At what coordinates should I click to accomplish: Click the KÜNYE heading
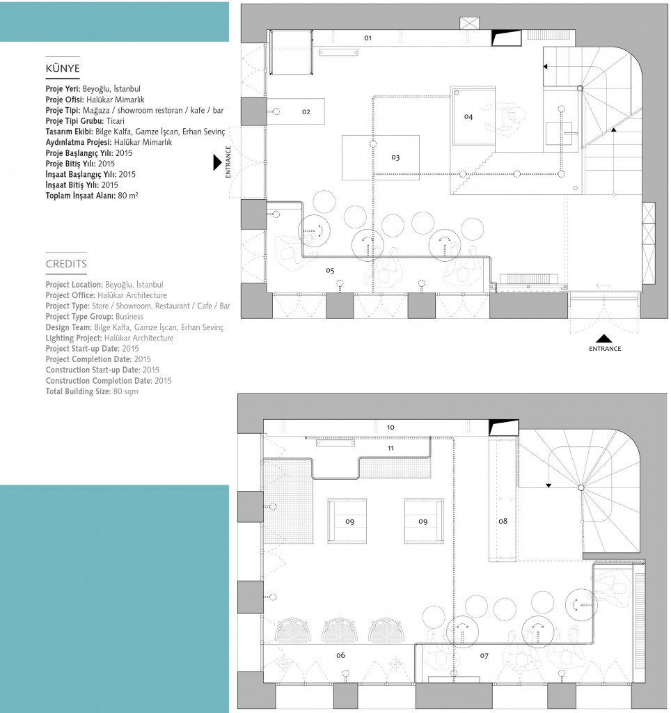[63, 68]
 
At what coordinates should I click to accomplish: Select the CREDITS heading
[66, 264]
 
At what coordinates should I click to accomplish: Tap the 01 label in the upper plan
[368, 37]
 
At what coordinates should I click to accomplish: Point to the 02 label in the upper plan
[306, 111]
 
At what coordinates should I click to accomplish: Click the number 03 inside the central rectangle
[395, 157]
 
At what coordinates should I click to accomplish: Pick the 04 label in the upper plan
[468, 116]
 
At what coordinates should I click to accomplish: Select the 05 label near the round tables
[330, 269]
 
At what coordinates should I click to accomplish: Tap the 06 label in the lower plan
[340, 655]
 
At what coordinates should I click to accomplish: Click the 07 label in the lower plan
[484, 655]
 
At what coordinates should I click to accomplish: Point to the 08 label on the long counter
[503, 520]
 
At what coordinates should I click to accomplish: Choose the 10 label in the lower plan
[390, 427]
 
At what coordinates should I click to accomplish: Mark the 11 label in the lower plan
[390, 448]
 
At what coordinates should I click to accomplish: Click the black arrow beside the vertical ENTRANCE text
[216, 162]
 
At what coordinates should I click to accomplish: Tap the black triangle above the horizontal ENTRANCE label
[604, 338]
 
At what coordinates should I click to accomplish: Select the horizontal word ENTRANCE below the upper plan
[604, 349]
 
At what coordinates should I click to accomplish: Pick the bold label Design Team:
[69, 327]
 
